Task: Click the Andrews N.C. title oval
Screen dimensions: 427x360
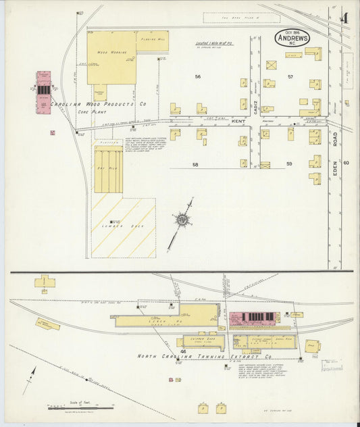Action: (x=292, y=38)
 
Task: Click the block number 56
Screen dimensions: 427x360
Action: (x=198, y=77)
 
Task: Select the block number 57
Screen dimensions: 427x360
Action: (x=290, y=77)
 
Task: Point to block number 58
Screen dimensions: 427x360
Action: (x=195, y=165)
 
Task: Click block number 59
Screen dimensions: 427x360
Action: (x=290, y=164)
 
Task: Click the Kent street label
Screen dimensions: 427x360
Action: (x=238, y=122)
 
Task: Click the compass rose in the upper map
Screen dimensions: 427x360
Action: (x=182, y=220)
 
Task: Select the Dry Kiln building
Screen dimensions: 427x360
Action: (x=108, y=171)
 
